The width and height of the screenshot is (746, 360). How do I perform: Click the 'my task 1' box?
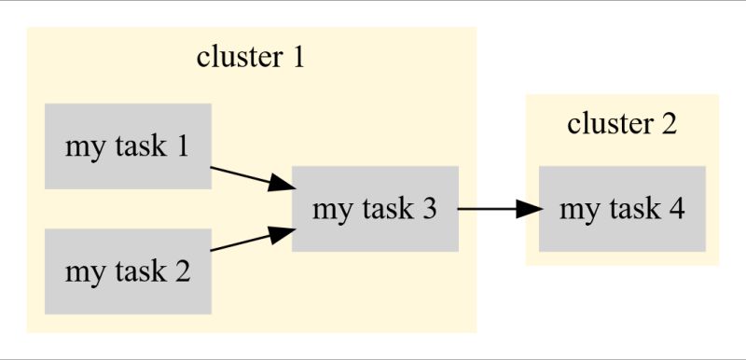[128, 146]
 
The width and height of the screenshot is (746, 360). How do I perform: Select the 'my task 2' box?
[128, 271]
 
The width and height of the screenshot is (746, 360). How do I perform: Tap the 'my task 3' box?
[375, 209]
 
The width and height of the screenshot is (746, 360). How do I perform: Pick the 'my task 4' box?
[622, 209]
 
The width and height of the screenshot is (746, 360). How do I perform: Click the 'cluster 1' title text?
[251, 58]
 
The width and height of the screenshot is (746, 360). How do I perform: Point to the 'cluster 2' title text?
[621, 123]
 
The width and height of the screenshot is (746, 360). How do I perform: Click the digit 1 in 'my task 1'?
[183, 146]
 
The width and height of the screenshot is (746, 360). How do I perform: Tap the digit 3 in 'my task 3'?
[429, 209]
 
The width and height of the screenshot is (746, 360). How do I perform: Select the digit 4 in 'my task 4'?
[677, 209]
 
